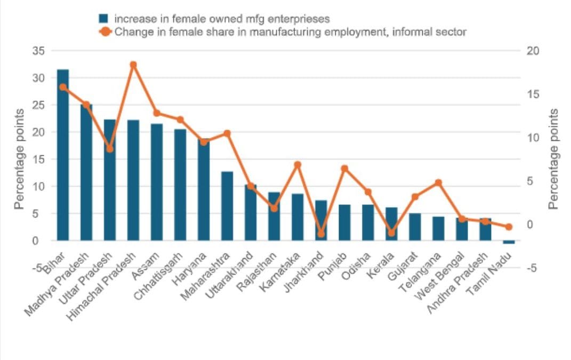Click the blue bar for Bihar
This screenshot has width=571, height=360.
pos(63,155)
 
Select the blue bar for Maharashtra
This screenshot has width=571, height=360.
pos(227,206)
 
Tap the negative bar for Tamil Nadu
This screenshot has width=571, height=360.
pos(509,242)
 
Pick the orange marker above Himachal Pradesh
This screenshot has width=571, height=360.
pos(133,65)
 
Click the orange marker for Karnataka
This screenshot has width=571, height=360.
pos(297,165)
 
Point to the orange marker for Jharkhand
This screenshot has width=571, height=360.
pos(321,234)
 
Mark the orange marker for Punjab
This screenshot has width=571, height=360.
pos(344,169)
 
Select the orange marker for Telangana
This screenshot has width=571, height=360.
pos(438,183)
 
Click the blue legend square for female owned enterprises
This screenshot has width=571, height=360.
pos(103,19)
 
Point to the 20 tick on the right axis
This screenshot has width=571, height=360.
pos(534,51)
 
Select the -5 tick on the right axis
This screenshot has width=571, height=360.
pos(534,268)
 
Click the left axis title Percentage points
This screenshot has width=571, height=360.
pos(19,158)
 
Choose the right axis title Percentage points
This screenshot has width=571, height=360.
pos(554,158)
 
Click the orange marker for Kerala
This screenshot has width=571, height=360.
pos(391,233)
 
